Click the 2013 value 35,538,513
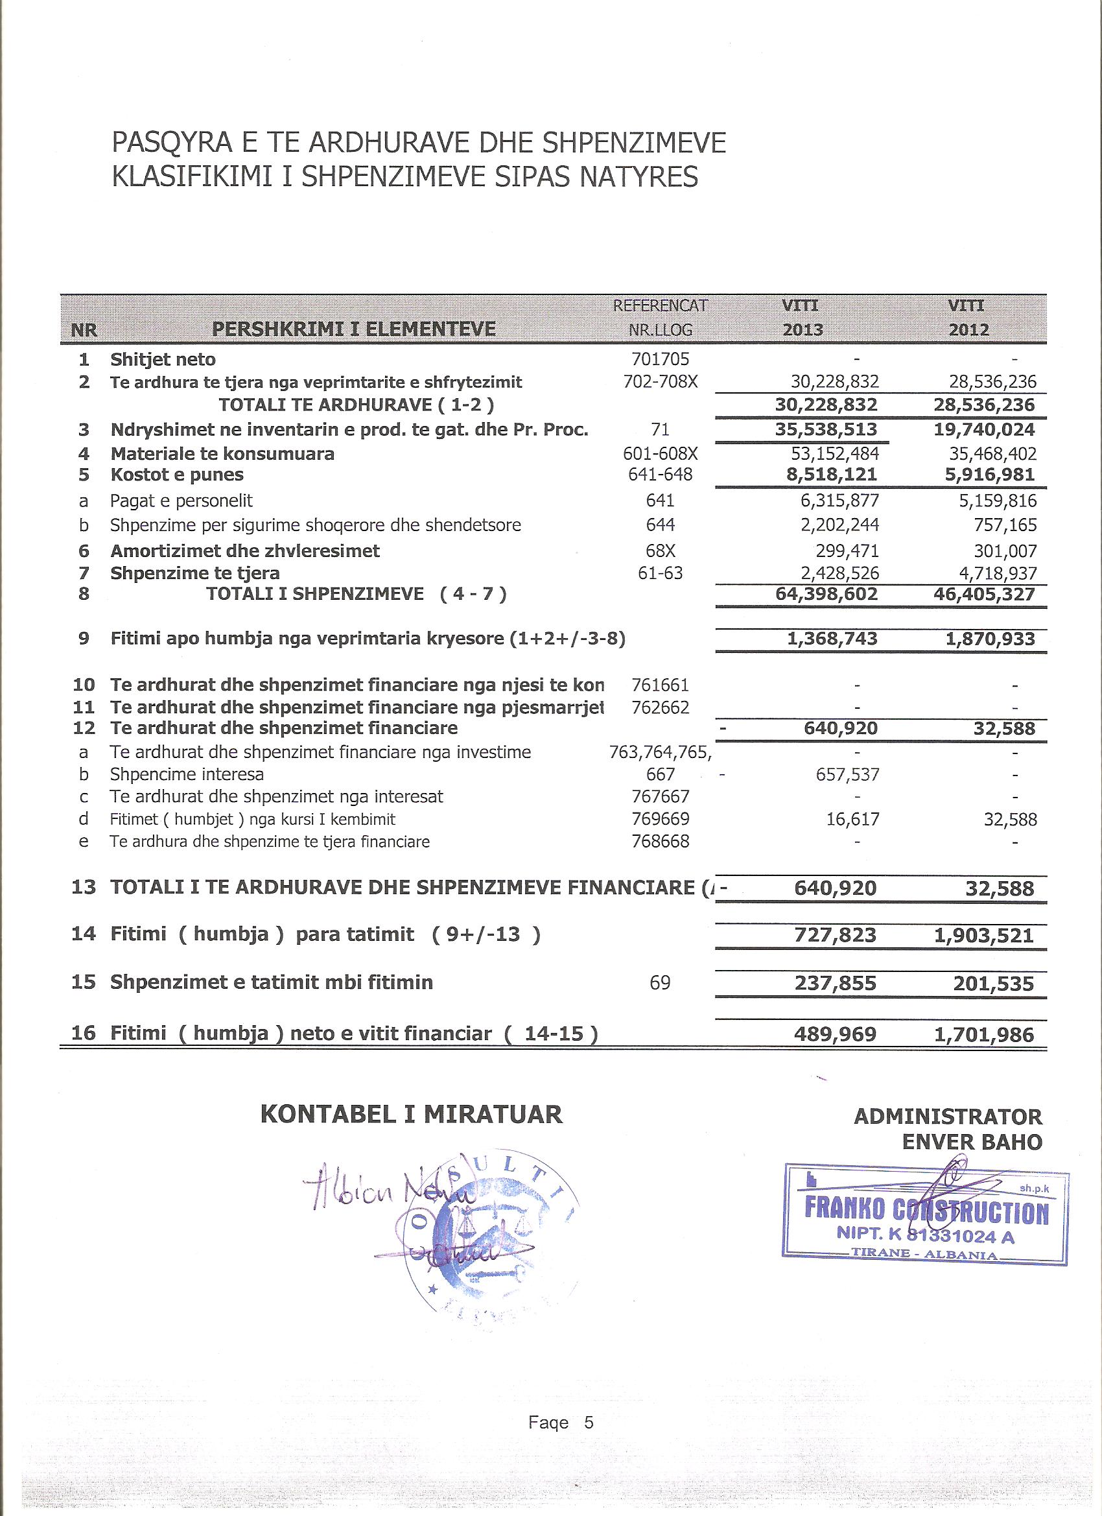[x=826, y=429]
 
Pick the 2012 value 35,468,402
[x=992, y=454]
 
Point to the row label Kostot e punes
[x=177, y=475]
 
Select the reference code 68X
[x=660, y=551]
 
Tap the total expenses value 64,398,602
[x=826, y=593]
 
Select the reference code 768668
[x=660, y=842]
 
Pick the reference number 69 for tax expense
[x=660, y=982]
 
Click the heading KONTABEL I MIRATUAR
[x=411, y=1114]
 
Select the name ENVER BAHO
[x=972, y=1142]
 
